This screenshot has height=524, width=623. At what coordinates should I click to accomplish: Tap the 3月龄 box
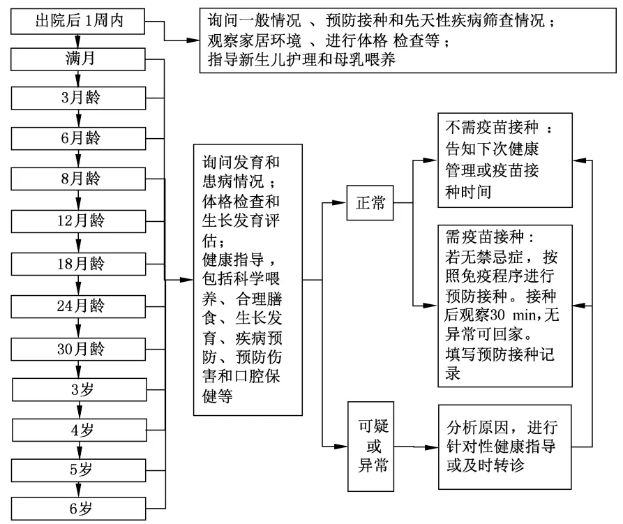(x=77, y=97)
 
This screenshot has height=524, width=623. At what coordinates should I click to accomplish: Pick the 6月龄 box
(x=77, y=137)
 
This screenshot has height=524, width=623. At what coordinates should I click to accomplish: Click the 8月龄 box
(x=77, y=179)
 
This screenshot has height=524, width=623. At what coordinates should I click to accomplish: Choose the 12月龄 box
(x=77, y=221)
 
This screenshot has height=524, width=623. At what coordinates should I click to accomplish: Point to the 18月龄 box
(x=77, y=264)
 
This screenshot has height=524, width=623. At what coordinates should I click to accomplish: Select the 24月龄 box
(x=77, y=305)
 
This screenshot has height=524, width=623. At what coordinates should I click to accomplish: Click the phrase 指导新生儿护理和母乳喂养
(x=302, y=60)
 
